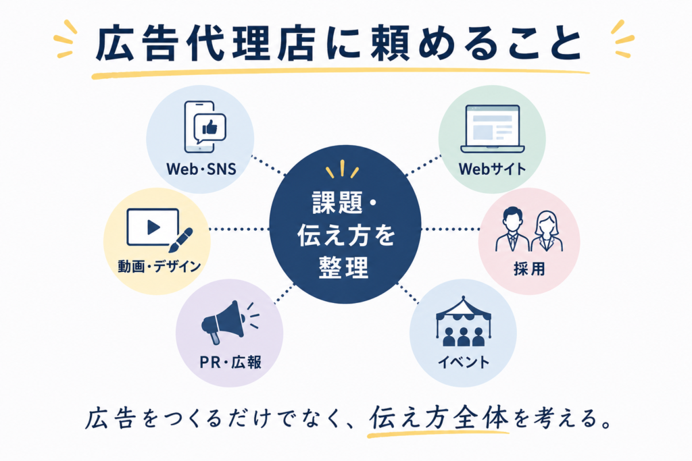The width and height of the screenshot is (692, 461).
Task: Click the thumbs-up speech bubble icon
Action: (210, 128)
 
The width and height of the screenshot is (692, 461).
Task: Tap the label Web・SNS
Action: (201, 169)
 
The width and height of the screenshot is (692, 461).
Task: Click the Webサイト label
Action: (492, 169)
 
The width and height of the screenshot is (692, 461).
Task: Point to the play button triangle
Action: (153, 227)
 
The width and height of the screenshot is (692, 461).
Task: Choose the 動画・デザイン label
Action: (159, 266)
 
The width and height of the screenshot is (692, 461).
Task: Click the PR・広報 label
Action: (230, 362)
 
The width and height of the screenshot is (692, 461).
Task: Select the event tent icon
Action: (463, 321)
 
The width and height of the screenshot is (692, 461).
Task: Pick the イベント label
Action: (464, 362)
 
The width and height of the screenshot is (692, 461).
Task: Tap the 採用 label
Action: (529, 269)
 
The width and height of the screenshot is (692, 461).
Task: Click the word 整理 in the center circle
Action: (343, 267)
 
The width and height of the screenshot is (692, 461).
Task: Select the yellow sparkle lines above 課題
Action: (342, 169)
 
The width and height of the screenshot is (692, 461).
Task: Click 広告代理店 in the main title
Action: (205, 45)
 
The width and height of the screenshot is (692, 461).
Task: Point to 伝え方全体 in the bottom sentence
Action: (439, 418)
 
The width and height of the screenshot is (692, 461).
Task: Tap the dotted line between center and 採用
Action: (450, 229)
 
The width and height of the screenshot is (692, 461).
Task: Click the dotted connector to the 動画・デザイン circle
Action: (239, 229)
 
